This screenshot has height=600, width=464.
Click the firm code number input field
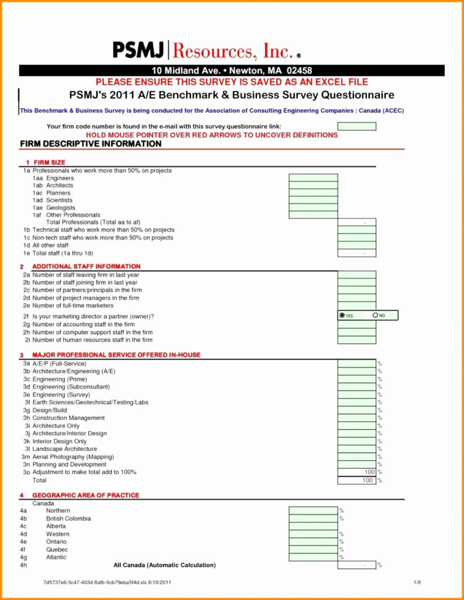(356, 126)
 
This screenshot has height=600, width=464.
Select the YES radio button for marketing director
(343, 315)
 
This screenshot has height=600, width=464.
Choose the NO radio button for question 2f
(376, 315)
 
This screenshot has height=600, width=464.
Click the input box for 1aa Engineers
(313, 178)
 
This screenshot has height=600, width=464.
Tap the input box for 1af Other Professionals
(313, 215)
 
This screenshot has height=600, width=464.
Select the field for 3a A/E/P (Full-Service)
(356, 364)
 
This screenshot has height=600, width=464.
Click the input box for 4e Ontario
(313, 542)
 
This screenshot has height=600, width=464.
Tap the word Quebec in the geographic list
(57, 549)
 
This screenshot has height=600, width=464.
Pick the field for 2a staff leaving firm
(356, 275)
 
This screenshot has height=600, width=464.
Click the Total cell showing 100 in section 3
(356, 480)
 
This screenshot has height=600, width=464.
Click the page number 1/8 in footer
(417, 583)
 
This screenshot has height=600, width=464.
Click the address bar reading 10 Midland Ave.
(232, 71)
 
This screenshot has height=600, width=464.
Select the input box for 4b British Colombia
(313, 518)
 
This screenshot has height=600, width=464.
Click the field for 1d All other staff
(356, 246)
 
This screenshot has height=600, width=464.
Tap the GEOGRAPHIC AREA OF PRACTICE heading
(86, 495)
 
